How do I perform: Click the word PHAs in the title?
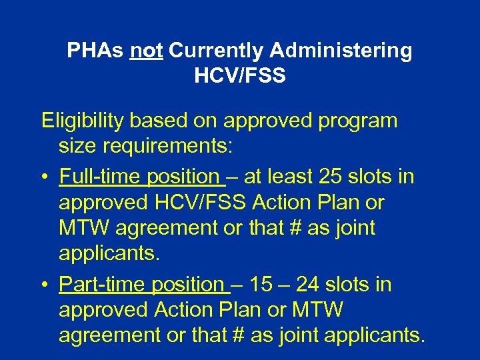(x=95, y=51)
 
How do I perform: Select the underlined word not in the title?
(x=147, y=51)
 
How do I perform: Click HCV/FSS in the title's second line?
(x=240, y=76)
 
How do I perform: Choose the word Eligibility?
(x=84, y=121)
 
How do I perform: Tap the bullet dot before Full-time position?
(x=45, y=178)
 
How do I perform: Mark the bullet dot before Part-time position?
(x=45, y=285)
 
